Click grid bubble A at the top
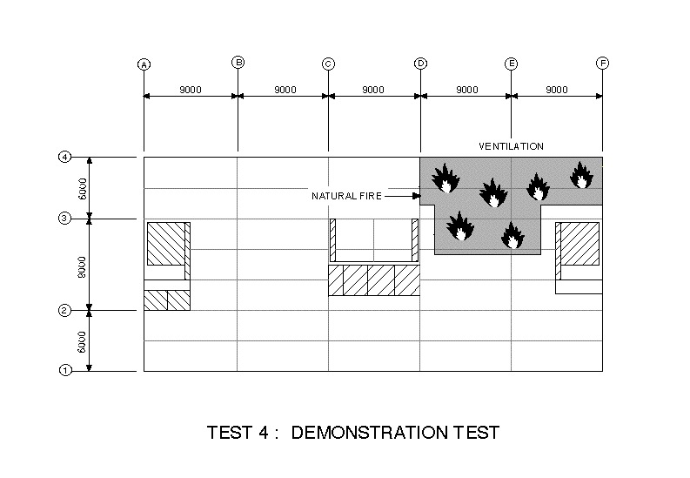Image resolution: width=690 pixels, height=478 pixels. click(x=144, y=64)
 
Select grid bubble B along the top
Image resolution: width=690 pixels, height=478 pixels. click(x=238, y=62)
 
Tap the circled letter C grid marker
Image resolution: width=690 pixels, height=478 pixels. click(x=328, y=64)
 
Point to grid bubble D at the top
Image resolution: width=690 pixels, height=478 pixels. click(x=420, y=64)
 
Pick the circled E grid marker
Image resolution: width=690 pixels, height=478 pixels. click(x=512, y=64)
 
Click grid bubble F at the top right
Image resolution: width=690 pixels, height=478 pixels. click(x=602, y=63)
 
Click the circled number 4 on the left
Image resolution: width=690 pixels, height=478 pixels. click(x=64, y=158)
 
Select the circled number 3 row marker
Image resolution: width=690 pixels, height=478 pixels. click(x=64, y=219)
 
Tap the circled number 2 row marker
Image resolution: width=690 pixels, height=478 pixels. click(x=64, y=310)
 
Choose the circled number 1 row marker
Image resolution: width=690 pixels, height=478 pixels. click(x=64, y=370)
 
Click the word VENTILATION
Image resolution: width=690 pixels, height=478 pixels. click(x=511, y=145)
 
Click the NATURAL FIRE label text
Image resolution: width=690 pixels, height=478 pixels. click(x=346, y=197)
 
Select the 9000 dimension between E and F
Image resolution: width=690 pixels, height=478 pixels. click(x=557, y=89)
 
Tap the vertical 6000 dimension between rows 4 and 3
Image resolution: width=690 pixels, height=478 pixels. click(x=83, y=188)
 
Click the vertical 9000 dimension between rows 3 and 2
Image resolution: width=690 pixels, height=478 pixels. click(x=83, y=266)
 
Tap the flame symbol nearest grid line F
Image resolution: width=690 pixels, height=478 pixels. click(x=581, y=175)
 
